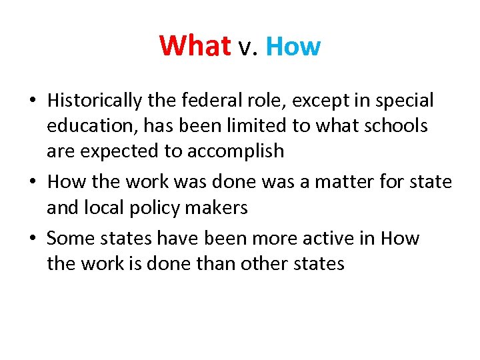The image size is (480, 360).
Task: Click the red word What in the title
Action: (195, 47)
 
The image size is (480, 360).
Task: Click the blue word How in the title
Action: (293, 47)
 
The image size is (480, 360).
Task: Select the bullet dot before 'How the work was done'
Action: (32, 182)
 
